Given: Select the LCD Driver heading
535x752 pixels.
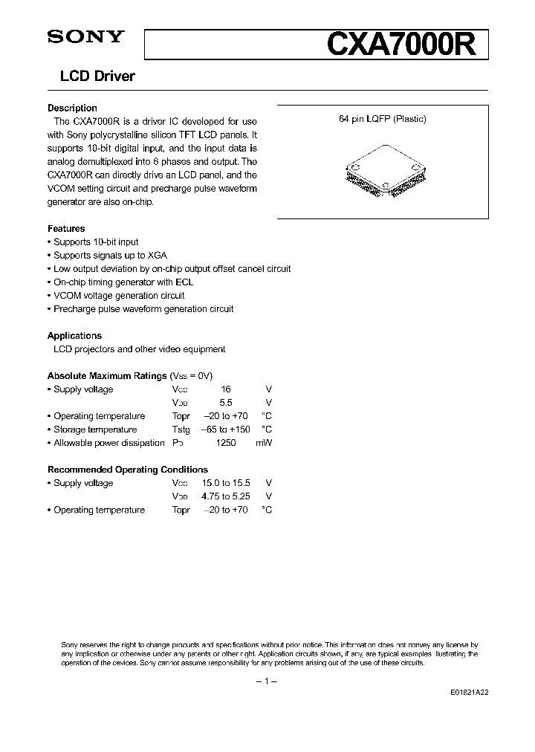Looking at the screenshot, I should point(91,77).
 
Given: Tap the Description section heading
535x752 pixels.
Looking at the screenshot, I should point(72,108).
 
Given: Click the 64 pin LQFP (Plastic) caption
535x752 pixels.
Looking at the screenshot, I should point(383,119).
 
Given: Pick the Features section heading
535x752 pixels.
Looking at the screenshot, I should point(66,229).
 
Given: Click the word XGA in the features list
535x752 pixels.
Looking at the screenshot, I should point(157,256).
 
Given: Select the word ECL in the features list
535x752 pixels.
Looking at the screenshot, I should point(184,282).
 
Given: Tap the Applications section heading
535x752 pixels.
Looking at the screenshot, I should point(74,336).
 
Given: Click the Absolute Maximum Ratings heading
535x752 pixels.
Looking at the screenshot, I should point(107,376).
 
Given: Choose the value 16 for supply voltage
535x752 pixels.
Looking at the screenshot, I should point(226,389).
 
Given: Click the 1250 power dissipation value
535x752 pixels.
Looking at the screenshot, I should point(226,443).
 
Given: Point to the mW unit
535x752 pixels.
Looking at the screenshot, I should point(264,443).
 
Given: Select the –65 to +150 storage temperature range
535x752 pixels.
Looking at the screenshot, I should point(226,430).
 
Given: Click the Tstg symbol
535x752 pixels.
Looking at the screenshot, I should point(181,430).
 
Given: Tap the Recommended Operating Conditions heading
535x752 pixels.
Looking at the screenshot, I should point(128,470).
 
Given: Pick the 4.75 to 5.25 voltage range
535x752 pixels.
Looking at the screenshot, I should point(226,496).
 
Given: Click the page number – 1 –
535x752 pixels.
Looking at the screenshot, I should point(267,681).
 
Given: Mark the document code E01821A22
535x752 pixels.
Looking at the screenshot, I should point(469,691).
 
